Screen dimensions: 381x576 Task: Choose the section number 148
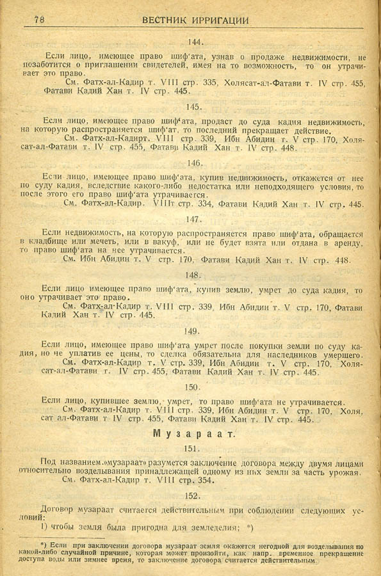coord(192,275)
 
